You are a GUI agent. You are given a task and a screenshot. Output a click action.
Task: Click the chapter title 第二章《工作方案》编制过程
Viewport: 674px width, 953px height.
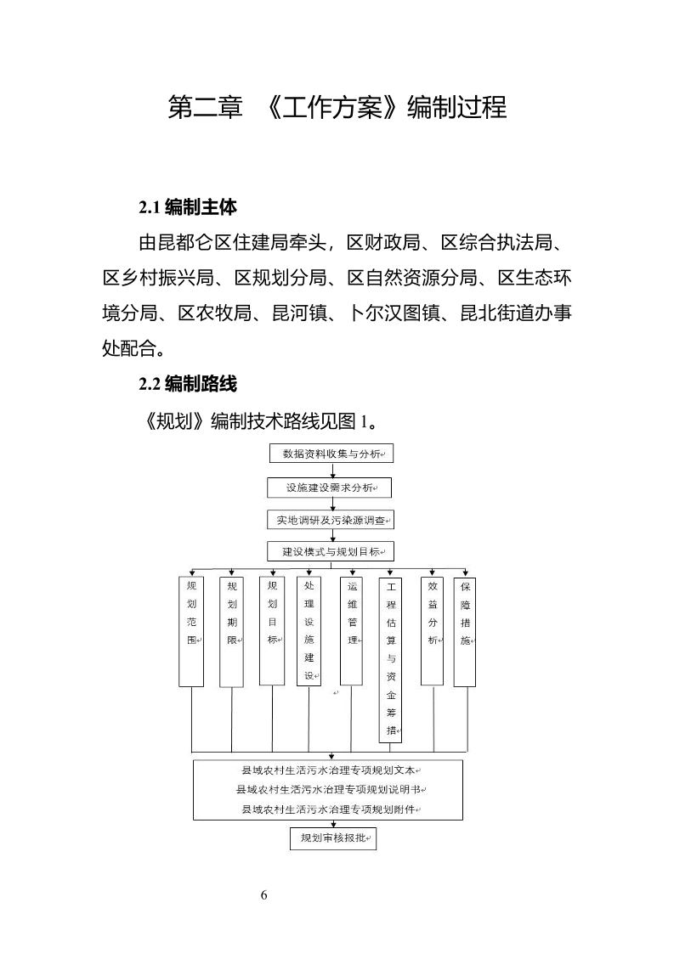[x=337, y=109]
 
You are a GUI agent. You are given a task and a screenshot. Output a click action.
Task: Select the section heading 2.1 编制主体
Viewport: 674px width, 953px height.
[x=188, y=206]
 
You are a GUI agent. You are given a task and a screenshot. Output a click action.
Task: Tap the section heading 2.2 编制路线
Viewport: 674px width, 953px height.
[x=188, y=384]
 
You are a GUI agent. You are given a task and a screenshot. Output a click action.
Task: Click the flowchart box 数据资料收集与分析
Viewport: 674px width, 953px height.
[x=331, y=454]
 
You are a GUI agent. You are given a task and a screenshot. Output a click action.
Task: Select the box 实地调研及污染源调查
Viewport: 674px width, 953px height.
[x=331, y=520]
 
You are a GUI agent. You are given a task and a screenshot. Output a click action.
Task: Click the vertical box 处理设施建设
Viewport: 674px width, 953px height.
[x=309, y=630]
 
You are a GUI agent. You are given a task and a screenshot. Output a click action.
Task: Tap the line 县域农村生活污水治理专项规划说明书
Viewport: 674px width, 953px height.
[x=328, y=790]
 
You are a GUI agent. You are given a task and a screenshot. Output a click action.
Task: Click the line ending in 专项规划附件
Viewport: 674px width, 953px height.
[x=328, y=809]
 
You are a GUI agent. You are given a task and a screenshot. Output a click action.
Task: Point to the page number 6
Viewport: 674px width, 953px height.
[x=264, y=895]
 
